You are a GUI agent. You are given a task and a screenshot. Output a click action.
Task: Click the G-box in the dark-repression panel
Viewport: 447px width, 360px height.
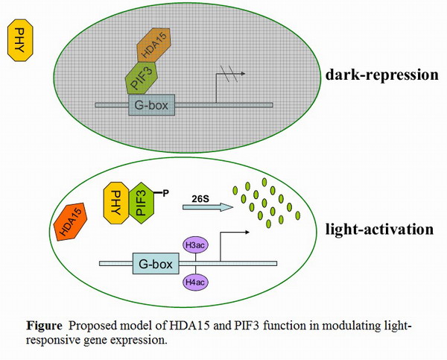point(151,105)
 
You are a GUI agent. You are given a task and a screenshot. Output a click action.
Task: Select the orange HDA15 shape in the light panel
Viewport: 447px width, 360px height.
point(73,222)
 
